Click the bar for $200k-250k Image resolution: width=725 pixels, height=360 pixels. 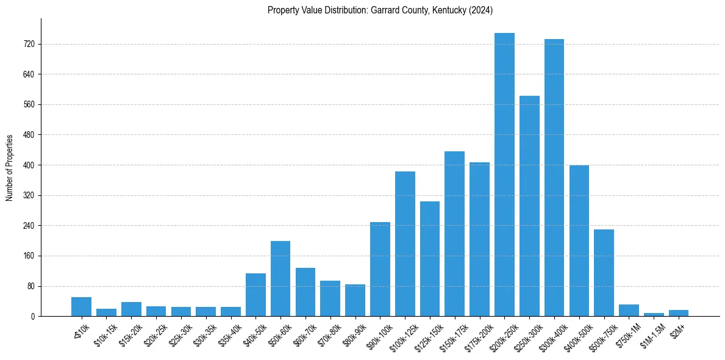pos(504,175)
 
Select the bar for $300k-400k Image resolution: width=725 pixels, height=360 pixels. pos(554,178)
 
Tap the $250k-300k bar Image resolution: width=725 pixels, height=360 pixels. pos(529,206)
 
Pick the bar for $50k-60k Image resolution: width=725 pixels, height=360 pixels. pos(280,279)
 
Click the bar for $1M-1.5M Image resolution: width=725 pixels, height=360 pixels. pos(654,314)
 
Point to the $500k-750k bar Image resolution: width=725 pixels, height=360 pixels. pos(604,273)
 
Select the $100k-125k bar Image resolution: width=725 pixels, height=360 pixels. pos(405,244)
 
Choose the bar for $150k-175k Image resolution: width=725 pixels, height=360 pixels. pos(454,234)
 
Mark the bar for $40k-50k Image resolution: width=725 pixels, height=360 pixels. pos(255,295)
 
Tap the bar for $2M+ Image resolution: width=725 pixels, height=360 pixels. pos(679,313)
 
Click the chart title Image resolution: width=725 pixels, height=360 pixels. pos(380,10)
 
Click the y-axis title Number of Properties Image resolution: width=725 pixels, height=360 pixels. pos(10,168)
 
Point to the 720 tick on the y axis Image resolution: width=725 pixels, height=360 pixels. pos(28,45)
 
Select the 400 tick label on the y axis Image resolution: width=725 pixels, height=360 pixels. pos(28,165)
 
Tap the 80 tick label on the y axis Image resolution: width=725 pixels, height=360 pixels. pos(30,286)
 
